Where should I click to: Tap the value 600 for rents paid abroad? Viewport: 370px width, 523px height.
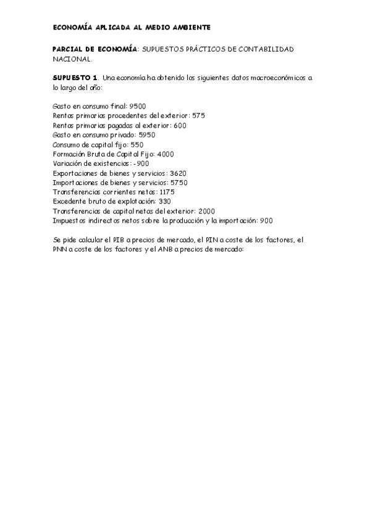tap(179, 125)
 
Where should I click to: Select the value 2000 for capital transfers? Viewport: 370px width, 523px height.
tap(207, 211)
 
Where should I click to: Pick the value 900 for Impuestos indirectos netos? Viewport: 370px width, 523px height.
tap(266, 220)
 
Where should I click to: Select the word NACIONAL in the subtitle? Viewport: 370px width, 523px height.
tap(72, 60)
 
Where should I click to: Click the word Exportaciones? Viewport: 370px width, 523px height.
tap(74, 173)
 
